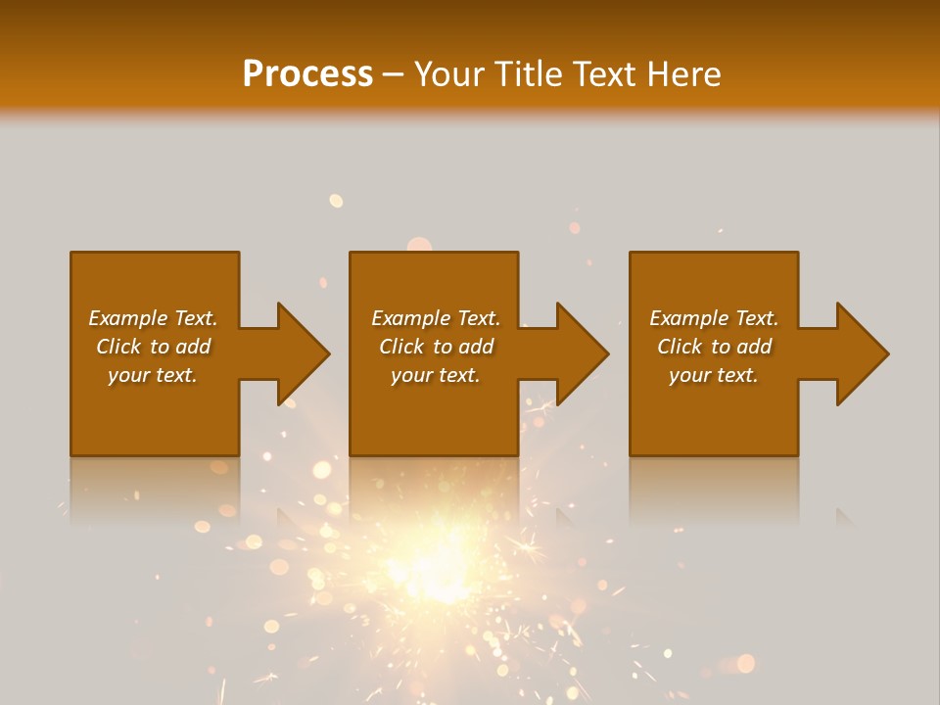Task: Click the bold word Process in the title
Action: pyautogui.click(x=307, y=74)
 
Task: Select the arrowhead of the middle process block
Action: pyautogui.click(x=582, y=353)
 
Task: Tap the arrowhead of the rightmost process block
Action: pyautogui.click(x=862, y=353)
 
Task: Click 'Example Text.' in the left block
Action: pyautogui.click(x=153, y=318)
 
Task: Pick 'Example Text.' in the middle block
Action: pyautogui.click(x=435, y=318)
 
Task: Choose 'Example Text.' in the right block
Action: pyautogui.click(x=714, y=318)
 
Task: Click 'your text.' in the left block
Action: pyautogui.click(x=153, y=375)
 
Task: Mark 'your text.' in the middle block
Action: pyautogui.click(x=435, y=375)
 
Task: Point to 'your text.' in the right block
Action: pyautogui.click(x=714, y=375)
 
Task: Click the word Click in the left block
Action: pyautogui.click(x=118, y=347)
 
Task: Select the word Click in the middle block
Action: pyautogui.click(x=401, y=347)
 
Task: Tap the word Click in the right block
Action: pyautogui.click(x=680, y=347)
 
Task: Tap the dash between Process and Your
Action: pyautogui.click(x=393, y=75)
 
